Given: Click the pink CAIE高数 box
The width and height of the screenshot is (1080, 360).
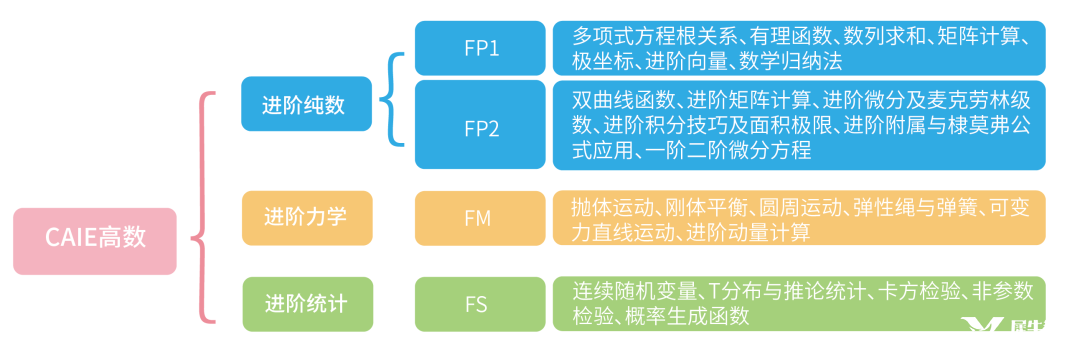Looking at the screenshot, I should [95, 240].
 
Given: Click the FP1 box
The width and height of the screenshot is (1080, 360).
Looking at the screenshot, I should [480, 47].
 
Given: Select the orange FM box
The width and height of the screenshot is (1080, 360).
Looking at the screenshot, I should [480, 217].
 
